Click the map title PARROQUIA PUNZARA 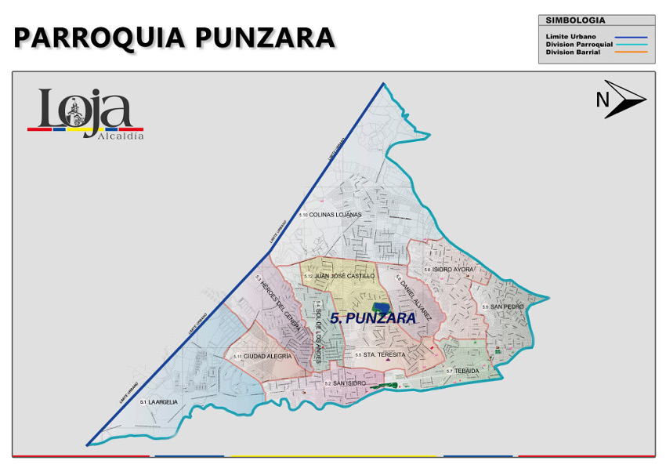(174, 37)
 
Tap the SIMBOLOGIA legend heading (575, 20)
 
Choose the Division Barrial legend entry (573, 52)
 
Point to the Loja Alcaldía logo (85, 114)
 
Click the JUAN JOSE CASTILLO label (341, 276)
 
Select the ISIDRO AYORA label (450, 269)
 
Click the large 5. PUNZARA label (372, 318)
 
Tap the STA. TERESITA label (380, 355)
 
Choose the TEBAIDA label (463, 370)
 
